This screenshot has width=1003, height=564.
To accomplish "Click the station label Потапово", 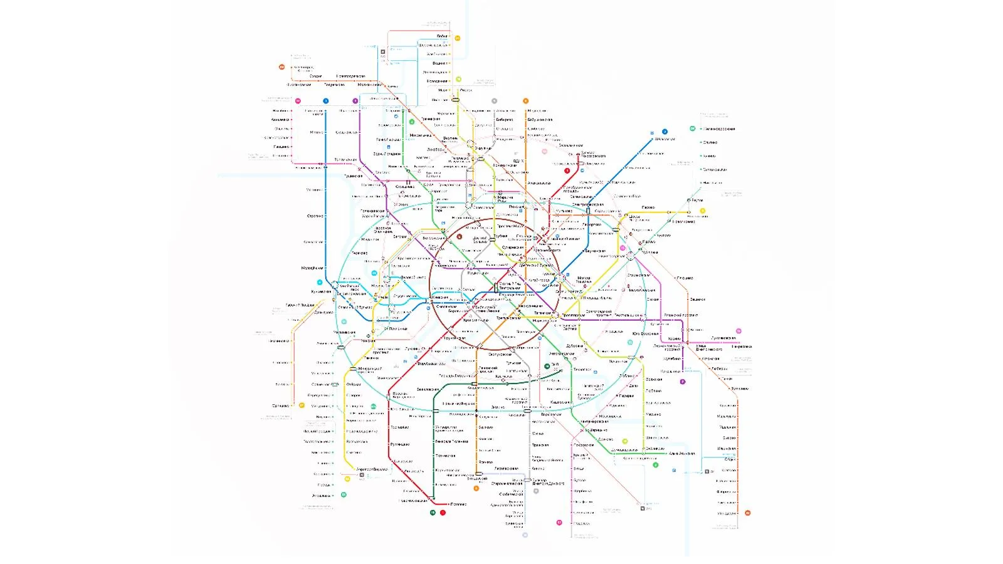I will point(458,504).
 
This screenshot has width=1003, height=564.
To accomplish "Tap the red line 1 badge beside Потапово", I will point(443,513).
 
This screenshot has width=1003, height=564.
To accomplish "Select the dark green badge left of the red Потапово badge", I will point(433,513).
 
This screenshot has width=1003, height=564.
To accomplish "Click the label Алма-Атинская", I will point(681,453).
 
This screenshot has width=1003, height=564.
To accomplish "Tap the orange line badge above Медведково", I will point(525,101).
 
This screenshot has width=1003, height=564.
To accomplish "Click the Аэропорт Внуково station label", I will point(372,469).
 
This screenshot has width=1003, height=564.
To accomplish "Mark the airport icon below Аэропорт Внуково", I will point(362,475).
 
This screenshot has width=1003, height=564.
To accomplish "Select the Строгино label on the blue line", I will point(315,216).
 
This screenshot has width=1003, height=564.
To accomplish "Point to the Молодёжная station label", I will point(312,268).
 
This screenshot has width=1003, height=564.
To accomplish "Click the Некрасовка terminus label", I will point(742,347).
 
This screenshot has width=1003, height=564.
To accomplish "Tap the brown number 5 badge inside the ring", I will point(459,237).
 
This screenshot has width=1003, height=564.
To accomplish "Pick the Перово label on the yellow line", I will point(648,207).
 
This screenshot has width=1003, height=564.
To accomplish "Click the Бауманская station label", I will point(594,251).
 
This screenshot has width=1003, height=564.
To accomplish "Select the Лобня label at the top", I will point(442,36).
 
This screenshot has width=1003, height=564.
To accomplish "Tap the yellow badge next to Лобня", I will point(458,38).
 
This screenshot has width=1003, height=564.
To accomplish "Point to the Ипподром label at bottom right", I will point(727,513).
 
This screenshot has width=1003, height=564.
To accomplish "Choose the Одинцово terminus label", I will point(280,406).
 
